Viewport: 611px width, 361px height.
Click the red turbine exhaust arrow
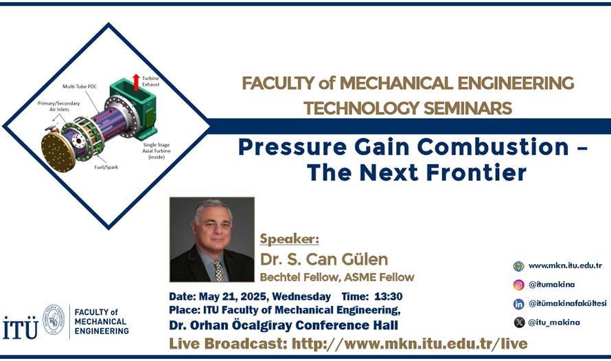click(x=136, y=83)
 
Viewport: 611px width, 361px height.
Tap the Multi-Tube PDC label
click(x=80, y=86)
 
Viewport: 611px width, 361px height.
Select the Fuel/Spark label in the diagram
click(x=106, y=167)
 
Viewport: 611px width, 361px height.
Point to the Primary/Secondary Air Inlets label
click(x=59, y=106)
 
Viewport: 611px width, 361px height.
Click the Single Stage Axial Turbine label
click(x=157, y=151)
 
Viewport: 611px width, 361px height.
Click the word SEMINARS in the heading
click(x=468, y=108)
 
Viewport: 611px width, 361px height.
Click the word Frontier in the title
click(x=476, y=172)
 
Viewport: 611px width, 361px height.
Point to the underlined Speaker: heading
click(x=290, y=239)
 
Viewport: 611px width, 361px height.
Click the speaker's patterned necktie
click(x=219, y=270)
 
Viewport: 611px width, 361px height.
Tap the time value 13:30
click(x=388, y=296)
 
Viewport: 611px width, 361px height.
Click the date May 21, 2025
click(x=233, y=297)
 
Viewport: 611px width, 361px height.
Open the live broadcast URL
click(x=410, y=344)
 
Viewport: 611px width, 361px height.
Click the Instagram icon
click(x=518, y=285)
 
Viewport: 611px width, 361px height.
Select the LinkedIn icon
click(x=518, y=304)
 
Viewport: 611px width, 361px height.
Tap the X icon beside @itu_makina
click(x=519, y=322)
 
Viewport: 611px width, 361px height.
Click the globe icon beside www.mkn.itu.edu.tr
click(x=518, y=266)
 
